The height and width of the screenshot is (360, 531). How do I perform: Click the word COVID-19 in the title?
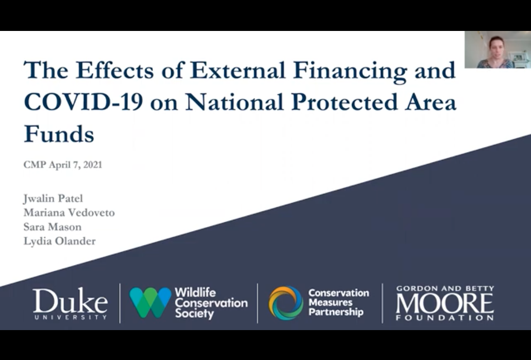[x=84, y=102]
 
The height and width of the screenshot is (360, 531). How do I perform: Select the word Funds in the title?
[x=59, y=134]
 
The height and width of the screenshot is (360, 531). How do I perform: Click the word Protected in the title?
[x=344, y=102]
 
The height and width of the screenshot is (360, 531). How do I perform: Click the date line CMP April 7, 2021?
[x=63, y=165]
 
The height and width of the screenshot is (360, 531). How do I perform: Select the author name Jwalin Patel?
[x=53, y=199]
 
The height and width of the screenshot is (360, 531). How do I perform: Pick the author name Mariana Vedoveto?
[x=69, y=212]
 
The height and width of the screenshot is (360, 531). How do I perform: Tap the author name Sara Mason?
[x=53, y=227]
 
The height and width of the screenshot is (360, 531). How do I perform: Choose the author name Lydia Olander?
[x=60, y=241]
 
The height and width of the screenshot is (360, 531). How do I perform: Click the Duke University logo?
[x=70, y=304]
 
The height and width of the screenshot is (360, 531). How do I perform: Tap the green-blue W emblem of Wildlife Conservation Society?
[x=151, y=303]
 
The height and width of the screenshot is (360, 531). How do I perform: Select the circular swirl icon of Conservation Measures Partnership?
[x=286, y=303]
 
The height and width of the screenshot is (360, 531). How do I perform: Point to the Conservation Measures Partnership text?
[x=339, y=302]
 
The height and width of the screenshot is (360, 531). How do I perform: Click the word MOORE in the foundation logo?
[x=445, y=303]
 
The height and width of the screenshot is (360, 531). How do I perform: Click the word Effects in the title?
[x=115, y=70]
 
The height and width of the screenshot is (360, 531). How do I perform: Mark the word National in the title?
[x=235, y=102]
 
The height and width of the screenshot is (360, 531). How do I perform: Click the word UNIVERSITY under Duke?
[x=71, y=317]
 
